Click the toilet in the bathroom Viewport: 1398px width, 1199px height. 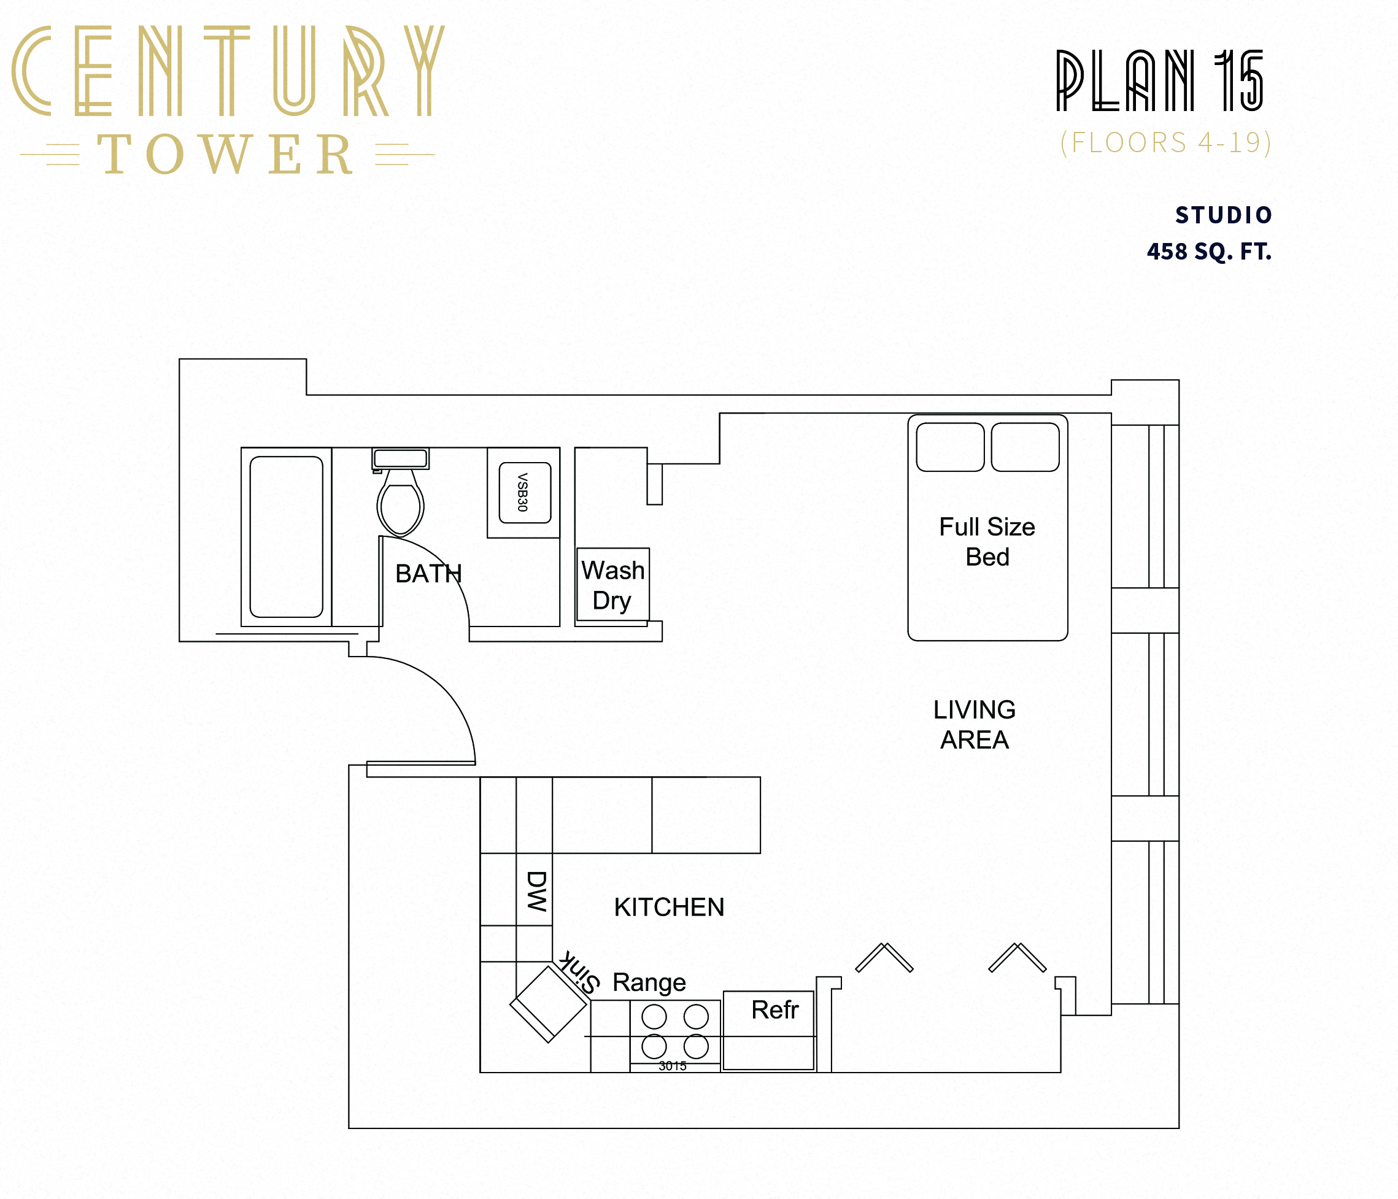coord(400,503)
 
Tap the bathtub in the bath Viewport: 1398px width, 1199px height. coord(286,536)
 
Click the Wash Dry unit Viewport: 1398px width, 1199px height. coord(612,585)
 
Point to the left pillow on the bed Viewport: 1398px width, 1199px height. coord(950,447)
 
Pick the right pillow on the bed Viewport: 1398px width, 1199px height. coord(1025,447)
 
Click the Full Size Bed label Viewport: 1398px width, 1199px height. coord(987,541)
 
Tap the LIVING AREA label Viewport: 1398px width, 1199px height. coord(975,725)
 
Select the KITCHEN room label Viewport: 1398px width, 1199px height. coord(669,908)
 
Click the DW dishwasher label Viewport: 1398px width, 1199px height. coord(536,890)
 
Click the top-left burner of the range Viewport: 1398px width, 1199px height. coord(654,1016)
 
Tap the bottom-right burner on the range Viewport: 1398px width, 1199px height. coord(696,1046)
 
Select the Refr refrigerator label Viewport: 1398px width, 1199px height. coord(774,1010)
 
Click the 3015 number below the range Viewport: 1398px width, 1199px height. coord(672,1066)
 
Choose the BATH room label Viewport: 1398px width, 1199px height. coord(428,574)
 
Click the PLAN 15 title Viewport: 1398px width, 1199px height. coord(1159,81)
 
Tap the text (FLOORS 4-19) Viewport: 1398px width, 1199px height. coord(1165,143)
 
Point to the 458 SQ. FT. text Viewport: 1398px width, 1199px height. coord(1209,252)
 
